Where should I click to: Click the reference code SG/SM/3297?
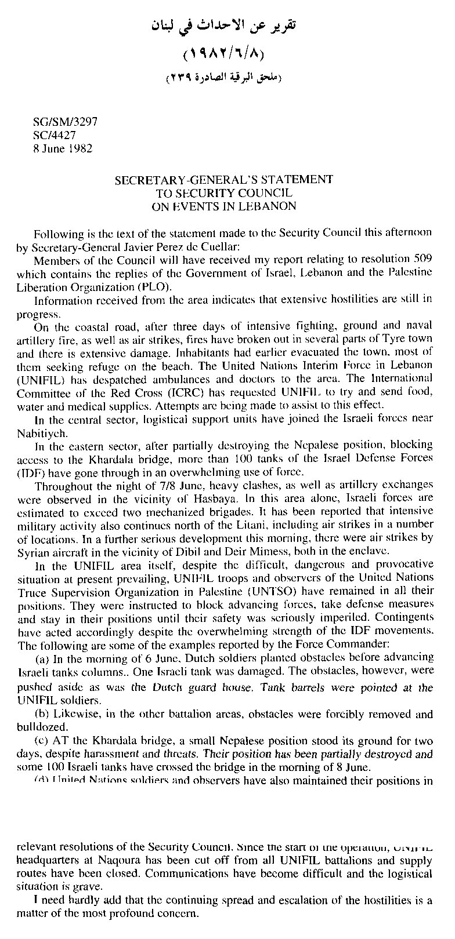(x=65, y=123)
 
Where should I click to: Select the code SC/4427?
(x=55, y=135)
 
